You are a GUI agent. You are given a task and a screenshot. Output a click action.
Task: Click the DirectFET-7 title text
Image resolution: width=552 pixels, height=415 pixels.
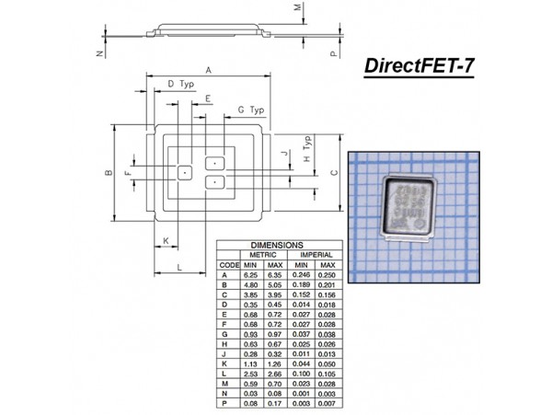point(420,66)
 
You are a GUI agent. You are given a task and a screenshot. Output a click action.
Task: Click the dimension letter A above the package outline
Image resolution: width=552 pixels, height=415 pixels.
point(208,70)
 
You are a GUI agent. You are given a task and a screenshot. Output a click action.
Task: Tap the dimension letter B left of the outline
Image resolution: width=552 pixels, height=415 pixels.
point(108,173)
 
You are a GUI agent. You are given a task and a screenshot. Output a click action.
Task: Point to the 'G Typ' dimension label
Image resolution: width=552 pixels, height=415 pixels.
point(250,110)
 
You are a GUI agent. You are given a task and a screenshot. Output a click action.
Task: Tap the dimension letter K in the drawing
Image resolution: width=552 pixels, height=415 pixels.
point(166,241)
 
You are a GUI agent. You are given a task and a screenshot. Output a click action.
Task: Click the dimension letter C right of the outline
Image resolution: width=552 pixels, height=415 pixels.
point(334,172)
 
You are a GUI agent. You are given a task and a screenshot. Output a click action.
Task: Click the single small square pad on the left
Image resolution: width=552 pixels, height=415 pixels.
point(185,172)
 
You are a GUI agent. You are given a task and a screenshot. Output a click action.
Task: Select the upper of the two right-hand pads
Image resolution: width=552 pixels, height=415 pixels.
point(214,163)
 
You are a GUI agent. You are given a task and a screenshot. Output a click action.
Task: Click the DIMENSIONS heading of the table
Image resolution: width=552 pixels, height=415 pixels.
point(277,246)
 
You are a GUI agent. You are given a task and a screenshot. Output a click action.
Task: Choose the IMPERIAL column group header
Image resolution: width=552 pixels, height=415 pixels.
point(315,255)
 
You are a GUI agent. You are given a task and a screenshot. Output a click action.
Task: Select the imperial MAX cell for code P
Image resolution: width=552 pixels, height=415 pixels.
point(326,404)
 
